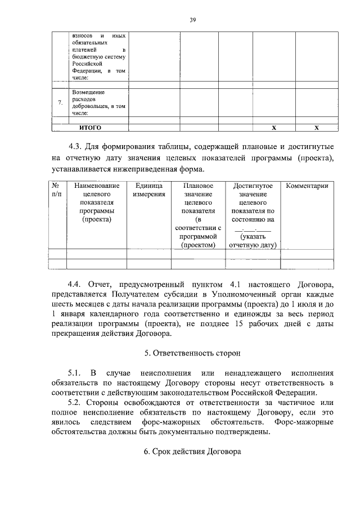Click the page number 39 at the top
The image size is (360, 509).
(x=192, y=20)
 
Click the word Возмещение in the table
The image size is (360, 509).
(x=89, y=92)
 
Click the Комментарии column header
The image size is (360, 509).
(x=307, y=186)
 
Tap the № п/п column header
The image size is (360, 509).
(x=57, y=190)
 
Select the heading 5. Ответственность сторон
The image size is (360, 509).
(x=192, y=354)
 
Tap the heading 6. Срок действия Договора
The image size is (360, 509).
(x=192, y=452)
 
